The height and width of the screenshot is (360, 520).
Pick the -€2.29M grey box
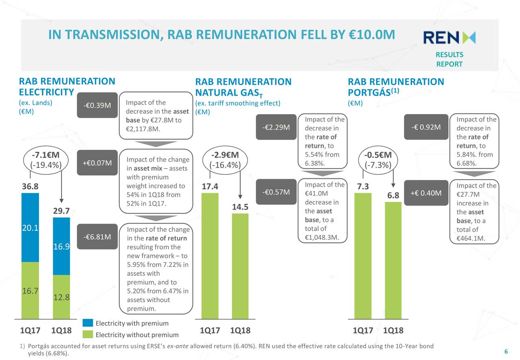[x=276, y=127]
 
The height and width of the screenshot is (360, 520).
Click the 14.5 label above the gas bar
[x=240, y=207]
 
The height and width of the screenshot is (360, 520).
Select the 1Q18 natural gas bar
[x=240, y=266]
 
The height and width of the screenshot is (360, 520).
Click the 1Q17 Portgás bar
[x=363, y=256]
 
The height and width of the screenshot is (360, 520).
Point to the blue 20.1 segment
[x=30, y=228]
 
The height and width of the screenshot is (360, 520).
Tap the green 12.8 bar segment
[x=61, y=297]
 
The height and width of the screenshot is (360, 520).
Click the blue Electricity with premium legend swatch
[x=88, y=323]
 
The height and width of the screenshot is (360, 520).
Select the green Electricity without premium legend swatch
[x=88, y=334]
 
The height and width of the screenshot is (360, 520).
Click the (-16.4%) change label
[x=225, y=165]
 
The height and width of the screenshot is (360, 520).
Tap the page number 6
[x=506, y=351]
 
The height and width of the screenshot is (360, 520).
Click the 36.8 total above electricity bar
[x=30, y=187]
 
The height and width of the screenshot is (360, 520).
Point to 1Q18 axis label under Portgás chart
[x=393, y=330]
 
